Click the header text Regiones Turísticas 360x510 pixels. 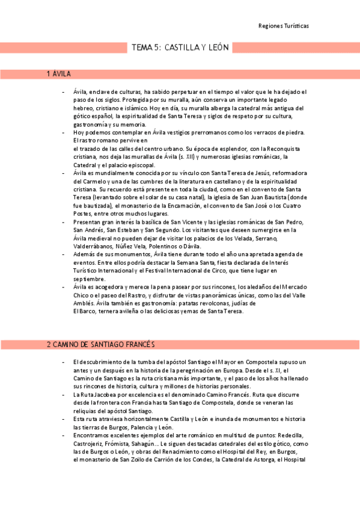(284, 26)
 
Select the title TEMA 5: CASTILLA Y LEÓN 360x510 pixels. (180, 47)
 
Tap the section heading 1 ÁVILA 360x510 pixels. (59, 75)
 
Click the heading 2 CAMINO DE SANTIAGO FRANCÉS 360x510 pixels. (101, 345)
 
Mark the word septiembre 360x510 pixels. (90, 279)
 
